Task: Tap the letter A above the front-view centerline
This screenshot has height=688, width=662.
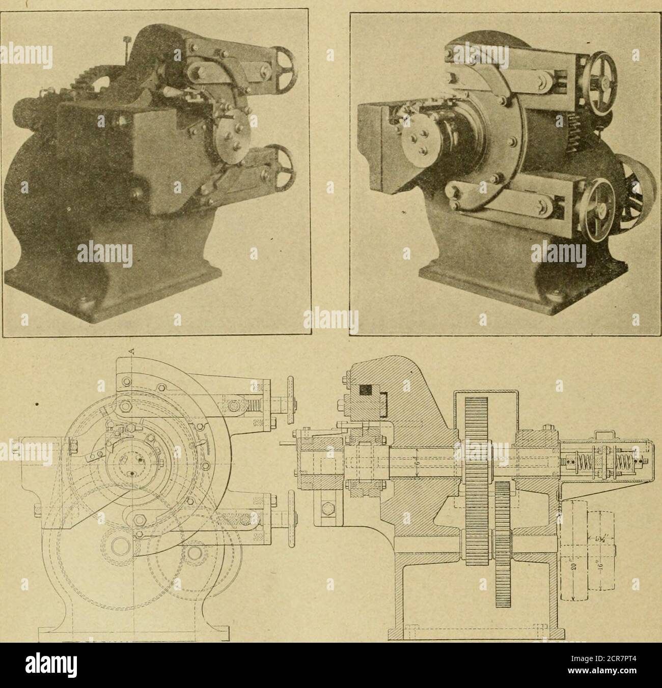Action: (132, 351)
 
